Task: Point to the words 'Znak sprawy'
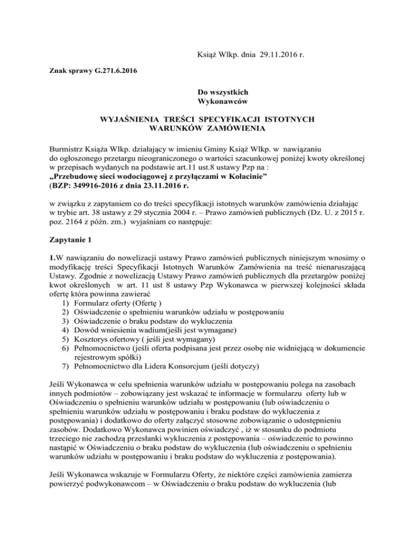coord(64,71)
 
